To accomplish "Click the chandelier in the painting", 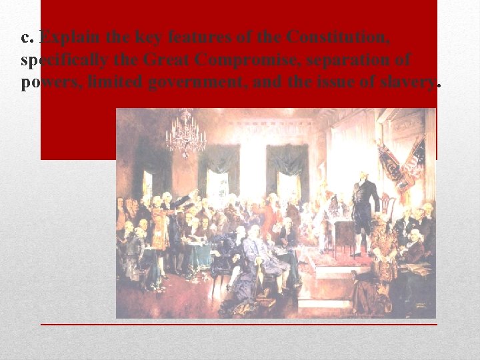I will pyautogui.click(x=185, y=133).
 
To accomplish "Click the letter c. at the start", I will pyautogui.click(x=28, y=38).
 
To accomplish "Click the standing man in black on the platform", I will pyautogui.click(x=365, y=210).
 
